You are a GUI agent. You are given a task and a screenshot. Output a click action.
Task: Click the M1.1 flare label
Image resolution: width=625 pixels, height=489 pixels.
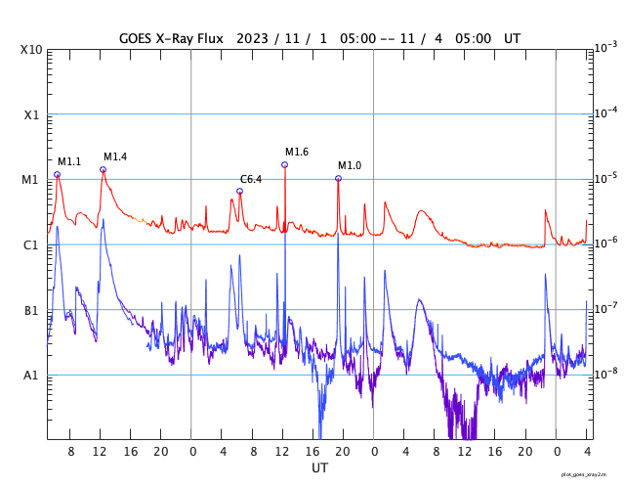[x=69, y=161]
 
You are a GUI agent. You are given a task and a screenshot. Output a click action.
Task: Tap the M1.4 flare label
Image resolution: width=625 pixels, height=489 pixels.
[x=115, y=156]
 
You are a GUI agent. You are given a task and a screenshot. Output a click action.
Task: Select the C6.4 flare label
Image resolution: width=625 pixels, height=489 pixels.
[x=251, y=179]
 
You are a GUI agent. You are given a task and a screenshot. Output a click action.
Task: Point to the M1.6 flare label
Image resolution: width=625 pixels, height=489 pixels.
[x=297, y=152]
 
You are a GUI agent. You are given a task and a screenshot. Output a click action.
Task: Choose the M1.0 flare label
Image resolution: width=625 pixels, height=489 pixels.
[x=350, y=165]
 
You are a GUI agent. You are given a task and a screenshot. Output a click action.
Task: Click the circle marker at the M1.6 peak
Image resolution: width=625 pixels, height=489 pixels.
[x=284, y=164]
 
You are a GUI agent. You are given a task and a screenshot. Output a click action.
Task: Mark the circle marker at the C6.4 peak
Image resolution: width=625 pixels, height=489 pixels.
[x=239, y=191]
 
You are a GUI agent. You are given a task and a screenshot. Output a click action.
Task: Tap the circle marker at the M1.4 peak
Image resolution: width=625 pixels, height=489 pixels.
[x=103, y=169]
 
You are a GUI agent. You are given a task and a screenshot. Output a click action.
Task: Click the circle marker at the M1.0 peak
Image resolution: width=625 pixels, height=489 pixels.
[x=338, y=178]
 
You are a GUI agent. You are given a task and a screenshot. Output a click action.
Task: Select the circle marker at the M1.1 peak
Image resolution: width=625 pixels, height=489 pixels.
[x=58, y=174]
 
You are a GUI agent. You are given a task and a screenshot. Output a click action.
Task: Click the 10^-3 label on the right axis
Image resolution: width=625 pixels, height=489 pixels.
[x=605, y=47]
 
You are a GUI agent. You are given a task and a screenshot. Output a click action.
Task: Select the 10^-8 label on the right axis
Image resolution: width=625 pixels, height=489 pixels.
[x=605, y=374]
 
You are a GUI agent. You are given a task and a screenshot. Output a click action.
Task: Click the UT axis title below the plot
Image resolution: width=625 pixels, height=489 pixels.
[x=319, y=467]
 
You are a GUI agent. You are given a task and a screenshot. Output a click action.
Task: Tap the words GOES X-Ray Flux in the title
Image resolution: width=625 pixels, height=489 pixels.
[x=171, y=38]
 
